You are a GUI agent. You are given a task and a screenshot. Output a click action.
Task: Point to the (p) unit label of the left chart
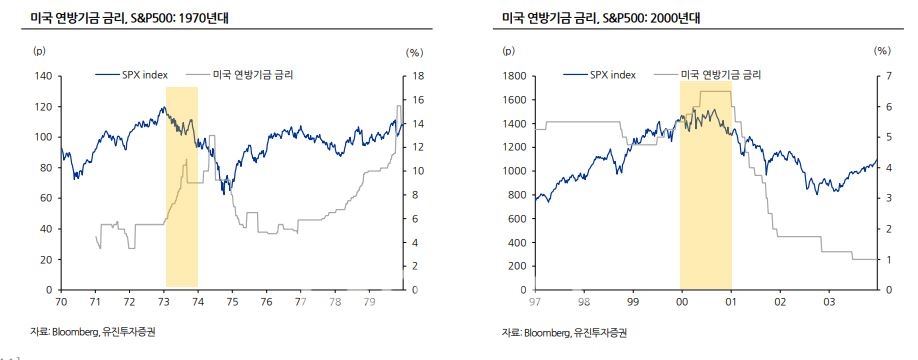tap(39, 50)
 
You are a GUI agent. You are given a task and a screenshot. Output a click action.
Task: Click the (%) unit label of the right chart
tap(881, 50)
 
